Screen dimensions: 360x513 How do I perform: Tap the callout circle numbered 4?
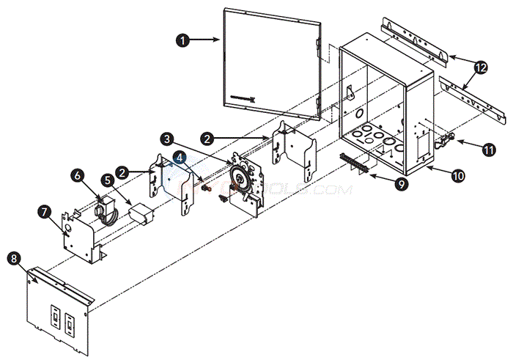pos(180,156)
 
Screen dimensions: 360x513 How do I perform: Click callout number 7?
pos(45,212)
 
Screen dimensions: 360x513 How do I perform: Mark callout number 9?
pos(402,185)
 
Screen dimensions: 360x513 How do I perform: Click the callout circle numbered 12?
pos(480,67)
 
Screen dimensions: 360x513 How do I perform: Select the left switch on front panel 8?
pos(54,317)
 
